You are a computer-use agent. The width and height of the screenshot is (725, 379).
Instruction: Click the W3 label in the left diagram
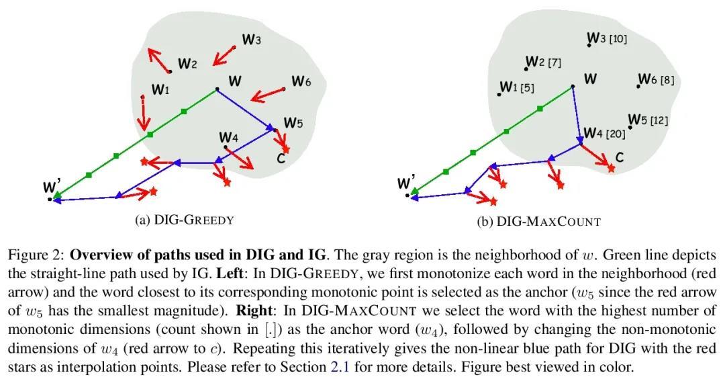pos(252,40)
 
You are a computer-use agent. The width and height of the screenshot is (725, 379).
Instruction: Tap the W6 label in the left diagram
pos(301,82)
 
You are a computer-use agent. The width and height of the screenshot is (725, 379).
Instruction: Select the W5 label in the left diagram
pos(293,123)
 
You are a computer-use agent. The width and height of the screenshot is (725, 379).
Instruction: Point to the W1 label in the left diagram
pos(160,89)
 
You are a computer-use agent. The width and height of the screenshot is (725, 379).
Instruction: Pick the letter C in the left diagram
pos(281,159)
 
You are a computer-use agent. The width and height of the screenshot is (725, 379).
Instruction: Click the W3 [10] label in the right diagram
pos(607,38)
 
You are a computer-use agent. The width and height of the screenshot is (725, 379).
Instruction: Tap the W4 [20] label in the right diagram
pos(604,133)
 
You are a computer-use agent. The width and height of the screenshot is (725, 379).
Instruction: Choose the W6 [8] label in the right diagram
pos(656,80)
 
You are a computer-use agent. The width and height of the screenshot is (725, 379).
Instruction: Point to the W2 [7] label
pos(543,62)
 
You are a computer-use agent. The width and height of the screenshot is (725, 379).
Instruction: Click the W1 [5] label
pos(517,87)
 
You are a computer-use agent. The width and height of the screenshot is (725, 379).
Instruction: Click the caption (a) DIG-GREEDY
pos(185,220)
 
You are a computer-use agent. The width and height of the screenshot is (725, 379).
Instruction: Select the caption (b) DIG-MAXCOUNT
pos(538,221)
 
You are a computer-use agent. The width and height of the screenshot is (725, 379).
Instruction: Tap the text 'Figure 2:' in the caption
pos(36,255)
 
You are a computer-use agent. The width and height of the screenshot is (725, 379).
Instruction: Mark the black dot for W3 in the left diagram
pos(234,47)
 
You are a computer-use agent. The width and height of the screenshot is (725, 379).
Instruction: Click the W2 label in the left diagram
pos(187,64)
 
